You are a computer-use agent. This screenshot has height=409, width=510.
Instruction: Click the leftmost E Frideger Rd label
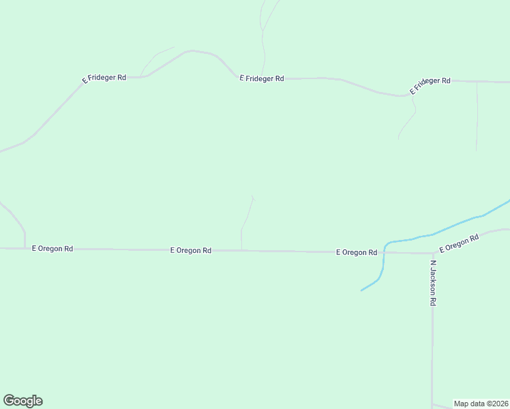click(x=104, y=78)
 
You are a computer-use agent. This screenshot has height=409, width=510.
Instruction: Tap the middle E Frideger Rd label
click(x=262, y=78)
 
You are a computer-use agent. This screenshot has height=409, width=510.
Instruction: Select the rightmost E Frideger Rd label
click(x=430, y=85)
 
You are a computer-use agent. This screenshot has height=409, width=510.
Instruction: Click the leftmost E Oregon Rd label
click(x=52, y=249)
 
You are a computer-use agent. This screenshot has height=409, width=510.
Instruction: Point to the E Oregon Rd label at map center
click(x=190, y=250)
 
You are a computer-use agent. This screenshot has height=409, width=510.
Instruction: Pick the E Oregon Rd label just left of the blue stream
click(x=356, y=252)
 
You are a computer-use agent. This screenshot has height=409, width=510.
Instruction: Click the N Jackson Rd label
click(x=432, y=282)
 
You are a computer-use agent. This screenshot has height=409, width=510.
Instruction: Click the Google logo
click(x=22, y=401)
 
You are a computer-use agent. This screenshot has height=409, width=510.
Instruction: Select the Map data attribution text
click(x=481, y=403)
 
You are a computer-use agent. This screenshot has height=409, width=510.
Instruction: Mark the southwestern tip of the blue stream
click(x=361, y=290)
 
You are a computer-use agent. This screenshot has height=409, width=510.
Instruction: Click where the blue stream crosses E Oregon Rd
click(x=385, y=252)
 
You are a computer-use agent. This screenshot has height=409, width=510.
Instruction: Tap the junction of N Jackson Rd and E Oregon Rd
click(x=432, y=253)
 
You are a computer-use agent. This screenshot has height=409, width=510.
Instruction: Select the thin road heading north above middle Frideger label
click(x=263, y=41)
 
